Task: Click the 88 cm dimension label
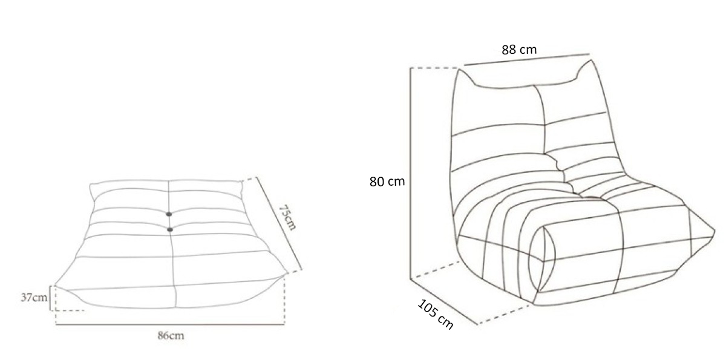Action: [519, 50]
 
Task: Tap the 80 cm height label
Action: [387, 182]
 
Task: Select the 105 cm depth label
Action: [435, 314]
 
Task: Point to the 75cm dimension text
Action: [287, 217]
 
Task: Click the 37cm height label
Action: [34, 297]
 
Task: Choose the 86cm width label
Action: [171, 335]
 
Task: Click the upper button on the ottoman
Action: [169, 214]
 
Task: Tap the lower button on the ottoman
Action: [170, 230]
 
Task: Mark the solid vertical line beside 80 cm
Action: [410, 173]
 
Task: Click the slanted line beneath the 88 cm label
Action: [527, 60]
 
